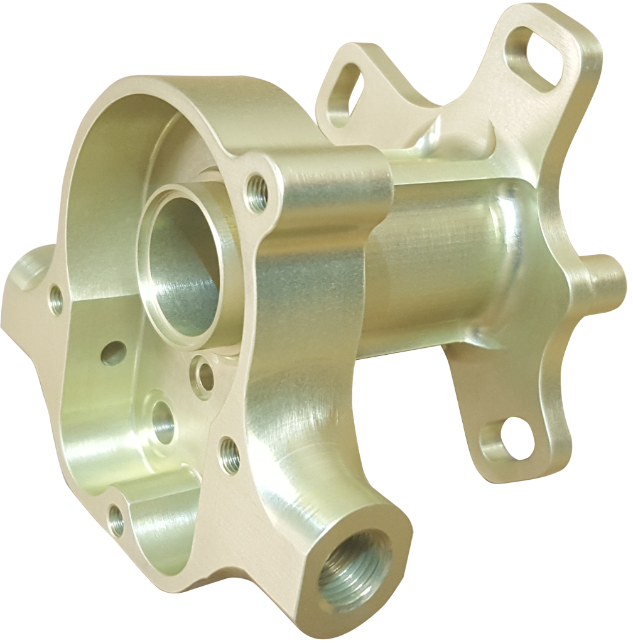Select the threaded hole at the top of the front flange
coord(256,193)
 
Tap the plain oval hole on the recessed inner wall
coord(113,354)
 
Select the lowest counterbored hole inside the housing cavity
coord(162,421)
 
